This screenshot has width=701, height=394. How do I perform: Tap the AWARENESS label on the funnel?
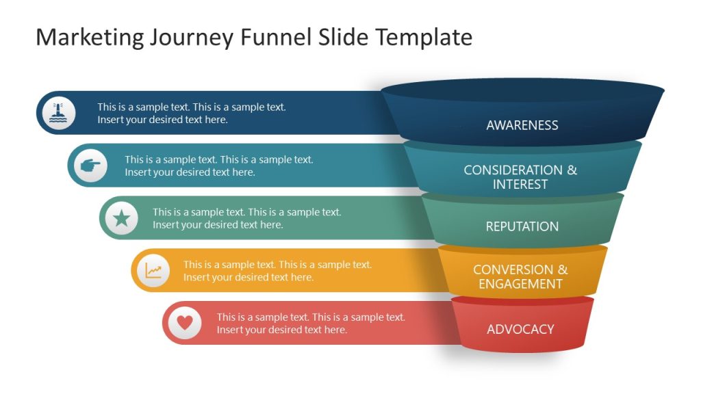(x=522, y=125)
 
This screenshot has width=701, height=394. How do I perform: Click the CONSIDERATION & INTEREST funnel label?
(x=520, y=177)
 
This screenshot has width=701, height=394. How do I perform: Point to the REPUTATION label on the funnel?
(x=522, y=226)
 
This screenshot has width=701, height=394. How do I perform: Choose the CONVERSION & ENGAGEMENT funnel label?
(x=520, y=276)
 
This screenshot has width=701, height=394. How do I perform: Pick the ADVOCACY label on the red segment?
(x=520, y=329)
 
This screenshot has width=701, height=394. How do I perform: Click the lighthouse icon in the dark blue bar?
(x=59, y=113)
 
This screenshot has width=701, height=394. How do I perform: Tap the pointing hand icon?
(x=90, y=166)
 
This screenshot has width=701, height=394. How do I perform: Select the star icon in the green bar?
(x=122, y=218)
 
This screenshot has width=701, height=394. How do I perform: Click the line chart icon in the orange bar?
(x=153, y=271)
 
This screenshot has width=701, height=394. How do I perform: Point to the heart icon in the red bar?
(x=185, y=322)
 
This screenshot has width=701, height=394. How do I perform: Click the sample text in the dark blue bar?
(x=192, y=114)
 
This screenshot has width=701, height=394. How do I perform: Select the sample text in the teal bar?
(x=219, y=166)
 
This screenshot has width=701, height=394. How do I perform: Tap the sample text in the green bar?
(x=246, y=218)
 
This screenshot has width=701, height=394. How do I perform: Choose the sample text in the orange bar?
(x=277, y=271)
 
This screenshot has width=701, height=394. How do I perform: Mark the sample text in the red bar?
(x=311, y=324)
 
